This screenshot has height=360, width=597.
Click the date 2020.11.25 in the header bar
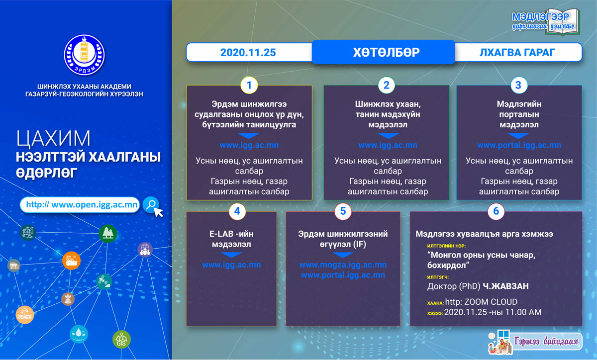pyautogui.click(x=248, y=53)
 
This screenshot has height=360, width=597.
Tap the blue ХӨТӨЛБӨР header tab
pyautogui.click(x=383, y=52)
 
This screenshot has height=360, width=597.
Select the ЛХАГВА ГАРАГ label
pyautogui.click(x=517, y=53)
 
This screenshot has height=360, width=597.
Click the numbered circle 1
pyautogui.click(x=249, y=85)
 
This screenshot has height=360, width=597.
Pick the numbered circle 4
pyautogui.click(x=237, y=211)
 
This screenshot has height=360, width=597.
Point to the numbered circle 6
pyautogui.click(x=496, y=211)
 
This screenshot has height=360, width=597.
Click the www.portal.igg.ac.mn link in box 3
pyautogui.click(x=519, y=145)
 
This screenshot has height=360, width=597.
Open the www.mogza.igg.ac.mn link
pyautogui.click(x=343, y=265)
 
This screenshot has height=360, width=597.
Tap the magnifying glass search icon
pyautogui.click(x=151, y=205)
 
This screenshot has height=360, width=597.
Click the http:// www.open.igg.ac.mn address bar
pyautogui.click(x=80, y=205)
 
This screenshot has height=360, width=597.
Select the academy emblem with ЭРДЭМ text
pyautogui.click(x=84, y=55)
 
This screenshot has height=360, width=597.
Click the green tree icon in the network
pyautogui.click(x=107, y=233)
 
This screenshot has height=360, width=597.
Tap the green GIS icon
pyautogui.click(x=121, y=340)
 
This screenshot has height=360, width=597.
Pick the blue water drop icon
pyautogui.click(x=79, y=334)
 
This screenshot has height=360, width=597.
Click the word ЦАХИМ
pyautogui.click(x=53, y=139)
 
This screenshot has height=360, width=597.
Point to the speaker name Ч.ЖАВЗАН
pyautogui.click(x=505, y=286)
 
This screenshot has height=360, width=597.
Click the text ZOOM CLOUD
pyautogui.click(x=491, y=302)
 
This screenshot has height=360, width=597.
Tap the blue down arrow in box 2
pyautogui.click(x=388, y=136)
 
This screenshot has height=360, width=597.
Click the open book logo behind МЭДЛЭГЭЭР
pyautogui.click(x=562, y=22)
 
